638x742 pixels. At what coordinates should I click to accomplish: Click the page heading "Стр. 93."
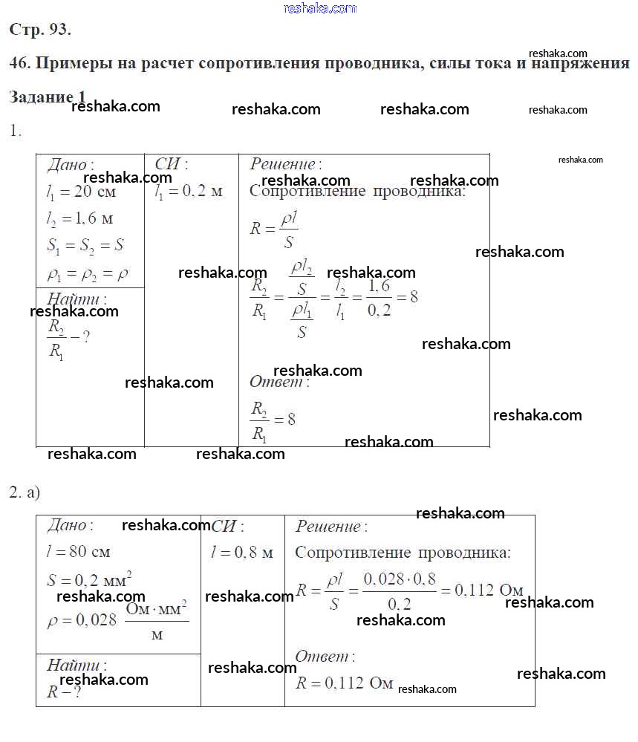pyautogui.click(x=40, y=30)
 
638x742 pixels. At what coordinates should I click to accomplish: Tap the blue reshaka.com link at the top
pyautogui.click(x=320, y=8)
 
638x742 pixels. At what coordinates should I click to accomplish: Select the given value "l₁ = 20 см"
pyautogui.click(x=81, y=192)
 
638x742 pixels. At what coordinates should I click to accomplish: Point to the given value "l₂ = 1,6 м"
pyautogui.click(x=79, y=218)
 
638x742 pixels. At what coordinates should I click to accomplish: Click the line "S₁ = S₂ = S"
pyautogui.click(x=85, y=246)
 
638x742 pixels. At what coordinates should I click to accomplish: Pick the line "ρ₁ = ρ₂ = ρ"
pyautogui.click(x=87, y=273)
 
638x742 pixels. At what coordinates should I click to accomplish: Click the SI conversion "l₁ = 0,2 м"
pyautogui.click(x=189, y=192)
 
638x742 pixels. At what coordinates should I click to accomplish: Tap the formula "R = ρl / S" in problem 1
pyautogui.click(x=273, y=230)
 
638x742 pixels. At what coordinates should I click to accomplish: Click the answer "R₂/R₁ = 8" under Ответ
pyautogui.click(x=273, y=420)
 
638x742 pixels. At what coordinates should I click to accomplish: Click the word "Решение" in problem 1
pyautogui.click(x=281, y=164)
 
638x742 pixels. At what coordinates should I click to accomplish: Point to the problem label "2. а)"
pyautogui.click(x=25, y=492)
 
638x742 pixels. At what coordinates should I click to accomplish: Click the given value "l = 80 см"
pyautogui.click(x=78, y=552)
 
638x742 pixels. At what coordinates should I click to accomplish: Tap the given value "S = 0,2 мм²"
pyautogui.click(x=88, y=579)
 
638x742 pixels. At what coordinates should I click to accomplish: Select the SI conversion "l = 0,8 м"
pyautogui.click(x=242, y=553)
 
